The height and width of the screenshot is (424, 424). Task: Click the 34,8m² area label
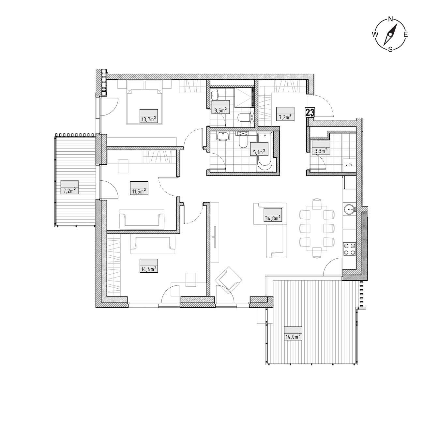click(x=273, y=218)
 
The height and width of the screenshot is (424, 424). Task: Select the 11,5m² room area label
click(x=139, y=191)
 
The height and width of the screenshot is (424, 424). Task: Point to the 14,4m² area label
click(x=149, y=269)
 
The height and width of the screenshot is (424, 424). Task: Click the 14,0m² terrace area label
click(x=293, y=337)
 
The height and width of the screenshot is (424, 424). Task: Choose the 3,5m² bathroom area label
click(x=221, y=110)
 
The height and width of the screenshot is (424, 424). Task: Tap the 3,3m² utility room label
click(x=321, y=151)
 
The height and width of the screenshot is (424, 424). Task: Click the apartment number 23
click(x=310, y=113)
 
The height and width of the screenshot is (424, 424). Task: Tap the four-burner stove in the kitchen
click(x=350, y=249)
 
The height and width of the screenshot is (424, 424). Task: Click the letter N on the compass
click(x=390, y=19)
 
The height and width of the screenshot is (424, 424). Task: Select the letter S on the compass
click(x=390, y=50)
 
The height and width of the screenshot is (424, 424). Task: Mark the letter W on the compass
click(x=375, y=34)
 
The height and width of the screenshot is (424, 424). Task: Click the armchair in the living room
click(x=229, y=280)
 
